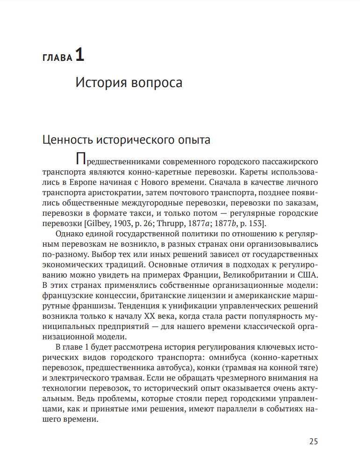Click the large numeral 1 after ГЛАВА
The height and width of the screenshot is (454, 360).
(79, 56)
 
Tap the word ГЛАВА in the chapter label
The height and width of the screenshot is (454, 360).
(58, 58)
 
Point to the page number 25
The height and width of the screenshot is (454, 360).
(313, 441)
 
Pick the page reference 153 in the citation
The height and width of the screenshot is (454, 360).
(256, 222)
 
